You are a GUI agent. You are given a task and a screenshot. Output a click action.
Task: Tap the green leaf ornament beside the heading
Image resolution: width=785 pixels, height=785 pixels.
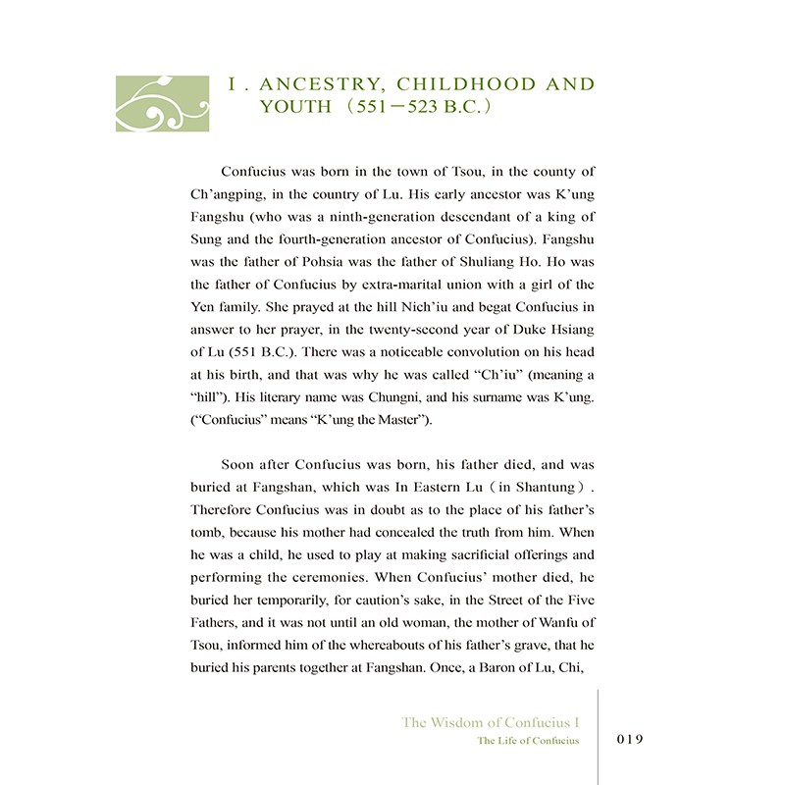click(162, 103)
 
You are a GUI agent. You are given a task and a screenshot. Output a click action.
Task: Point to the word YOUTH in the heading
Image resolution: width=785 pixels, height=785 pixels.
click(291, 107)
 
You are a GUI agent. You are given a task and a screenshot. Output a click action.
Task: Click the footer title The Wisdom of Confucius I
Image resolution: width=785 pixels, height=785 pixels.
click(491, 722)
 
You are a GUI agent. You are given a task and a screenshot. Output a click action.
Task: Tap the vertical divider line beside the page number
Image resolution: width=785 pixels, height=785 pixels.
click(598, 736)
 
